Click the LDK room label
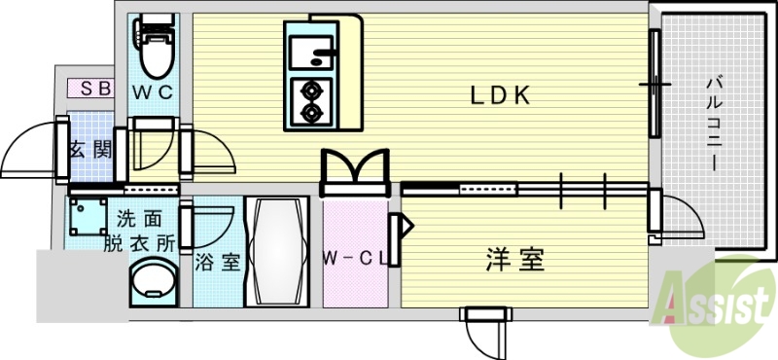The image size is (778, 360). (500, 95)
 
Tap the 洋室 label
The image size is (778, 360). (514, 260)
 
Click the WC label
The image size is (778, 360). (153, 92)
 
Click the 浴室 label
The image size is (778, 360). (215, 262)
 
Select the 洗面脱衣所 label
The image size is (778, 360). (141, 232)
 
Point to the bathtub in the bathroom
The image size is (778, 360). (276, 253)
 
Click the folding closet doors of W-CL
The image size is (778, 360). (354, 167)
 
